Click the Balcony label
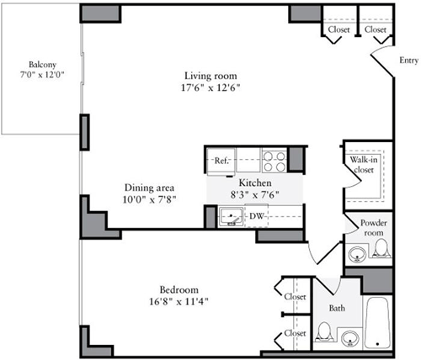click(42, 65)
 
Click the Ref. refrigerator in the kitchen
click(222, 160)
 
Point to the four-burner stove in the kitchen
click(274, 160)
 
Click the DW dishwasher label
click(254, 216)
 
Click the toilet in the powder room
click(381, 248)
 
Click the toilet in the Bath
click(322, 335)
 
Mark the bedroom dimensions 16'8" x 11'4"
click(180, 300)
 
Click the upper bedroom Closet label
click(294, 297)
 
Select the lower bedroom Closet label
click(294, 333)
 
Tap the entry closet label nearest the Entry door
click(376, 30)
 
